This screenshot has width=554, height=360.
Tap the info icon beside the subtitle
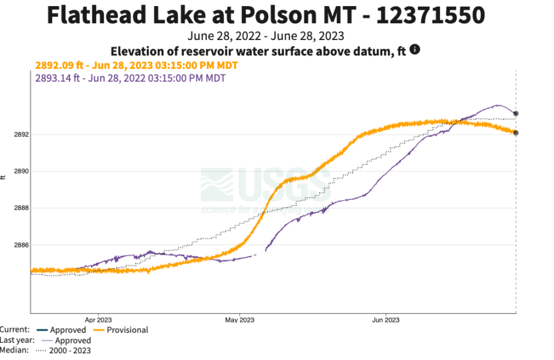[415, 49]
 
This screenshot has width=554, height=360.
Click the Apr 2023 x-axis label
[97, 319]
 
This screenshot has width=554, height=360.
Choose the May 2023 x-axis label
[239, 319]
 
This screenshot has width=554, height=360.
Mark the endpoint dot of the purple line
[516, 113]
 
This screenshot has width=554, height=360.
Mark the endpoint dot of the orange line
[516, 132]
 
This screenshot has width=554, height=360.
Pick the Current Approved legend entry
[68, 330]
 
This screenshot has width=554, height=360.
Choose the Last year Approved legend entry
[73, 340]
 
